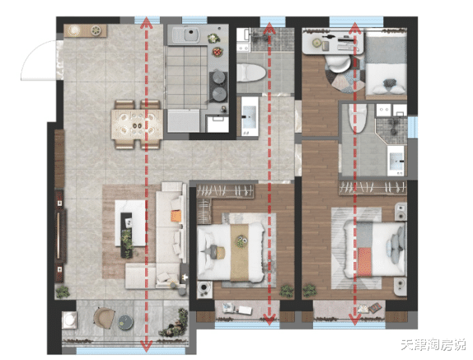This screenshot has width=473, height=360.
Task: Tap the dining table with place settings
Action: point(137,124)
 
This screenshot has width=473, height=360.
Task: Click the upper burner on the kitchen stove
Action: point(218,77)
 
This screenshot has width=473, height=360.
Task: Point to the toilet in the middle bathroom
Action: point(251,72)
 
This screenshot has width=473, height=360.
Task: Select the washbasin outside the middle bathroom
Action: point(250,116)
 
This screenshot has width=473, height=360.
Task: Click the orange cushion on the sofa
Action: point(176,216)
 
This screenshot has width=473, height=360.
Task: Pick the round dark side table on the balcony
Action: point(125,321)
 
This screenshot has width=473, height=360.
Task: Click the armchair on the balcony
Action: point(104,318)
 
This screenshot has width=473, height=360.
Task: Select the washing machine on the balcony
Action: point(69,319)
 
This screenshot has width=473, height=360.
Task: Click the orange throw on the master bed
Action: point(365,262)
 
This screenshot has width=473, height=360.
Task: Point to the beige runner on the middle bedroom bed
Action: point(240,252)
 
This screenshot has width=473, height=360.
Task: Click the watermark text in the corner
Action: point(433,345)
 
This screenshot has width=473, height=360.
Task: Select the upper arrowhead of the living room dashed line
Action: point(147,22)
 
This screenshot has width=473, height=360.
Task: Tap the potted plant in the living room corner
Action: point(63,292)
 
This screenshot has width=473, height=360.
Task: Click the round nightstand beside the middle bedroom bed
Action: point(204,288)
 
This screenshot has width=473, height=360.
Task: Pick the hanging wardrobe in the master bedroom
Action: point(372,188)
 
